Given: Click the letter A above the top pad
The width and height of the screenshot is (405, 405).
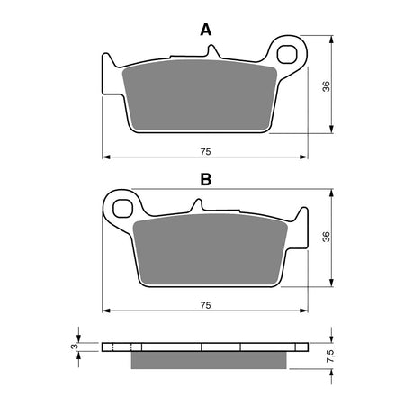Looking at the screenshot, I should click(205, 30).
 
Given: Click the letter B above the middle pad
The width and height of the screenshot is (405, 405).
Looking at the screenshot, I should click(205, 180).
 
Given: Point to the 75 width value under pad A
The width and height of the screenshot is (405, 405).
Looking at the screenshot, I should click(207, 149).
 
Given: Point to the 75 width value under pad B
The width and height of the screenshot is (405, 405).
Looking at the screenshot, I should click(207, 305).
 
